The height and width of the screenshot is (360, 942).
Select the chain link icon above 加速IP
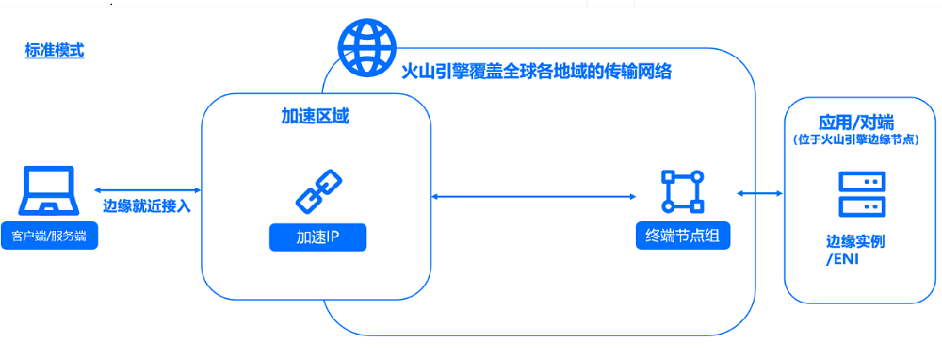[317, 191]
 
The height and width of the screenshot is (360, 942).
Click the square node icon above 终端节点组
[683, 191]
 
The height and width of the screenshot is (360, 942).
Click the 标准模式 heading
[55, 50]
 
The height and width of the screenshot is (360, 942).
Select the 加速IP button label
[317, 237]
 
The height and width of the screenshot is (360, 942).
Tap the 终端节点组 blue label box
[683, 236]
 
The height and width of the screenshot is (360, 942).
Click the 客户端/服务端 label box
[49, 236]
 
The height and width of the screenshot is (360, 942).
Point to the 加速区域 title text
[317, 116]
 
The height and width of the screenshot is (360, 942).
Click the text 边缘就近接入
[146, 206]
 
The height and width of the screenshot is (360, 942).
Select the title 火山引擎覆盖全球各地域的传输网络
[536, 72]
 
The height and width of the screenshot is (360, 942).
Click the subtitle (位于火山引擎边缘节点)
[855, 139]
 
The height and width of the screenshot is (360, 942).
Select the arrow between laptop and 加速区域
[148, 190]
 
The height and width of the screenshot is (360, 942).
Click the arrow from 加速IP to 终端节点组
[533, 196]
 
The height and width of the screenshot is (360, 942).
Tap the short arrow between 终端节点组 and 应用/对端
[760, 193]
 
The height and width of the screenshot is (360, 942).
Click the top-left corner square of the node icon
[667, 175]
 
